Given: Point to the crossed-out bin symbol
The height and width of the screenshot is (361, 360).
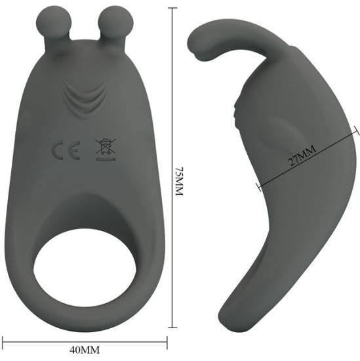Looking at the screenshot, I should (102, 148).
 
